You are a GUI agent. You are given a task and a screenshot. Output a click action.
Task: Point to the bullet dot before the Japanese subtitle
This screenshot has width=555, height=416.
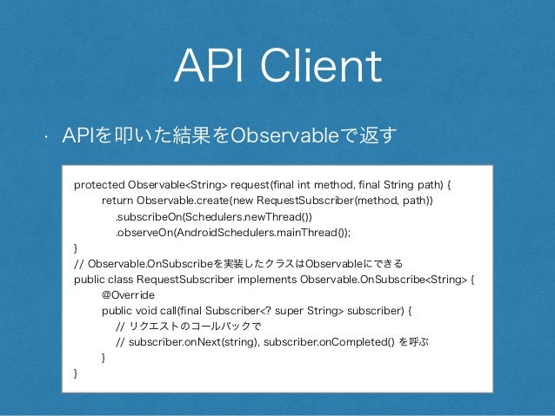[40, 137]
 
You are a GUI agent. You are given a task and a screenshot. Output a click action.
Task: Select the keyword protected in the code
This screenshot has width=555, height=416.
[99, 185]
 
